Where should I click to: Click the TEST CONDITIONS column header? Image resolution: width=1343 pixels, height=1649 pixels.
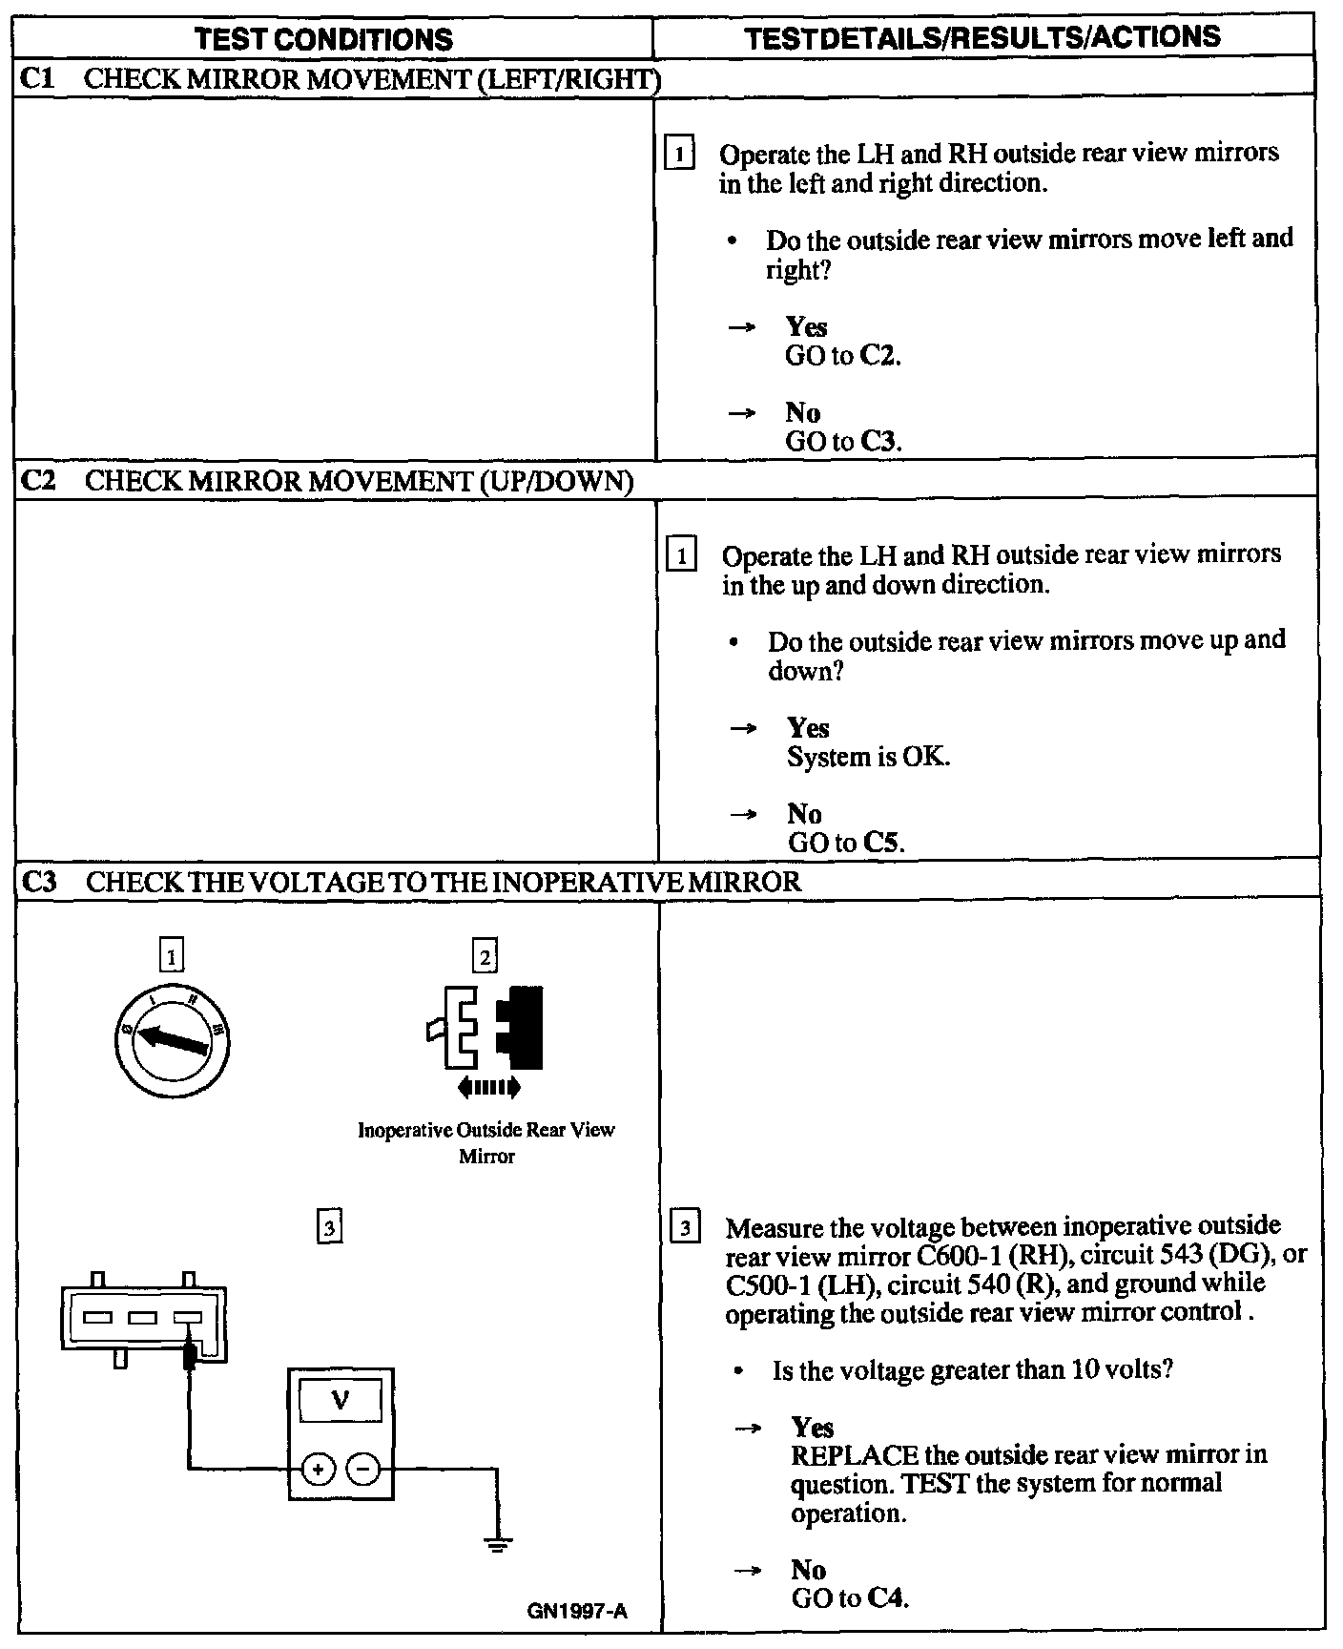[323, 39]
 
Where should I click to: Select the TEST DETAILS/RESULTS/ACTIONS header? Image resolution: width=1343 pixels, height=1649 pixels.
[981, 37]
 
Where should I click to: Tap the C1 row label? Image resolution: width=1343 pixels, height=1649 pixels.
[35, 78]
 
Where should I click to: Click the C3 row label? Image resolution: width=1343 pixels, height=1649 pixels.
[37, 881]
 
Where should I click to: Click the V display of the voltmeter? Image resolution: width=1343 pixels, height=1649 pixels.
[340, 1401]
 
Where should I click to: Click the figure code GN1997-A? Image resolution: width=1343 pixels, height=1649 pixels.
[577, 1612]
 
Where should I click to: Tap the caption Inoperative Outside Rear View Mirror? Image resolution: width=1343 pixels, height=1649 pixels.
[486, 1142]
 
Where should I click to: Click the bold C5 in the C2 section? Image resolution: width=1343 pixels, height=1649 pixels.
[882, 844]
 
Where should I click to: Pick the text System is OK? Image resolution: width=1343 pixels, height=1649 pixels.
[868, 758]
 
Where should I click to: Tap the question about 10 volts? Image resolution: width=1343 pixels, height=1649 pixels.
[972, 1370]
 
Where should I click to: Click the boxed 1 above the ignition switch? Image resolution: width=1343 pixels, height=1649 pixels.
[172, 955]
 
